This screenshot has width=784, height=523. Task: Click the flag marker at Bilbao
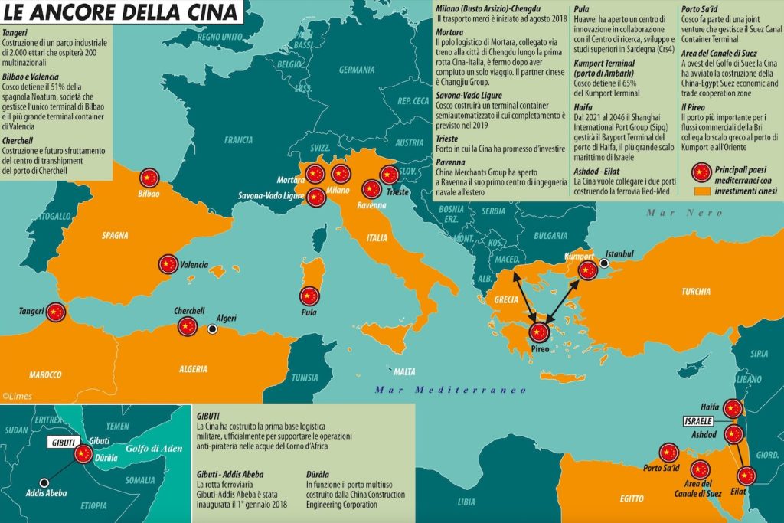[149, 178]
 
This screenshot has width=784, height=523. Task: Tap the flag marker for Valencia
[168, 264]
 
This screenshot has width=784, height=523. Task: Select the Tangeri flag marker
[55, 312]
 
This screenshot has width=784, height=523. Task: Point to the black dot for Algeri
[212, 329]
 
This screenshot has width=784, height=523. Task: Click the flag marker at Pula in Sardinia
[309, 296]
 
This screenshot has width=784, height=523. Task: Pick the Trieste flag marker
[390, 175]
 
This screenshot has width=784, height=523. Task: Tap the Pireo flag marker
[540, 332]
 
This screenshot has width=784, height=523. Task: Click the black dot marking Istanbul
[604, 263]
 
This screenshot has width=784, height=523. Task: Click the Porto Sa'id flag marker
[668, 453]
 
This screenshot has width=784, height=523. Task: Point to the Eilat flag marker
[747, 476]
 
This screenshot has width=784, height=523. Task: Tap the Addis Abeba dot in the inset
[44, 483]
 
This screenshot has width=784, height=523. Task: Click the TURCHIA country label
[697, 292]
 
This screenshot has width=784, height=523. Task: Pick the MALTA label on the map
[404, 372]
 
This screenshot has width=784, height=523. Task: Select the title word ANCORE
[87, 12]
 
